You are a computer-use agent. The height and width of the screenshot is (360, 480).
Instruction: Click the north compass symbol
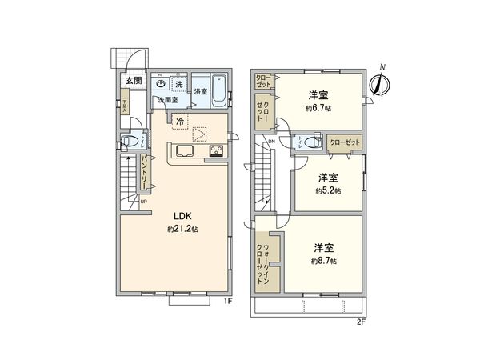coord(381,80)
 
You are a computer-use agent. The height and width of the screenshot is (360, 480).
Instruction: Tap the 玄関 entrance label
coord(132,80)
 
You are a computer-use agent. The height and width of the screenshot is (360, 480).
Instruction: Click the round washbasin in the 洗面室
coord(162,83)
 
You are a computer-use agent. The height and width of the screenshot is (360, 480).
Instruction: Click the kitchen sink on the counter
coord(183,152)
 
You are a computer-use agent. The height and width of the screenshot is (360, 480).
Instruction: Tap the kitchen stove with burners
coord(217,152)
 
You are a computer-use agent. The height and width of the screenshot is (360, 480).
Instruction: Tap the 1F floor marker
coord(227,302)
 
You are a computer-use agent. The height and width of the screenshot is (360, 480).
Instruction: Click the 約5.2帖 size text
coord(328,191)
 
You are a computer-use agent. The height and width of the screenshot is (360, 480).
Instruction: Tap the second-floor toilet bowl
coord(302,142)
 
